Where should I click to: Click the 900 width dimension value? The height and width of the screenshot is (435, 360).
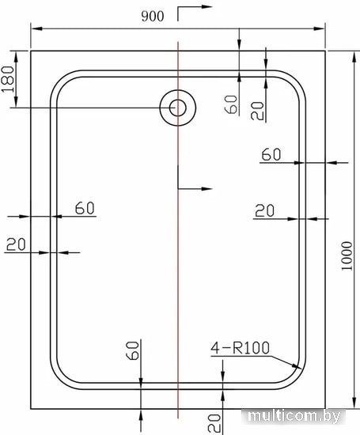[x=153, y=17]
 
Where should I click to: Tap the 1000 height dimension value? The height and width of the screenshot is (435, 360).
[x=347, y=255]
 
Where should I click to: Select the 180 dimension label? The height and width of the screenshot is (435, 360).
[x=8, y=79]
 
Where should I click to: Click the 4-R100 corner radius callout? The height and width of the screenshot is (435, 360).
[x=240, y=348]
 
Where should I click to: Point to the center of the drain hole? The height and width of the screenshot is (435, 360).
[x=178, y=108]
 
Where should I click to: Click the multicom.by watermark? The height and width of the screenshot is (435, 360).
[x=294, y=416]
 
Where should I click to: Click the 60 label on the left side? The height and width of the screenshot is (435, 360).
[x=85, y=208]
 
